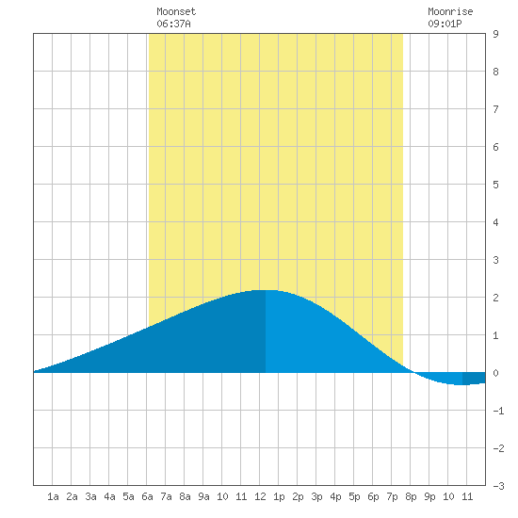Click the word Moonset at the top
[176, 11]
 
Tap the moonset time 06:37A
[173, 24]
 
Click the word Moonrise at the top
[450, 11]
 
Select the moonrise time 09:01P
[445, 24]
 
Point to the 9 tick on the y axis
[495, 34]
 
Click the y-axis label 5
[495, 185]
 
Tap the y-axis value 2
[495, 298]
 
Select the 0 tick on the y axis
[495, 373]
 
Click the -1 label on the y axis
[498, 411]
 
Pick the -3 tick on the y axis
[498, 486]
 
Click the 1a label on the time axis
[53, 496]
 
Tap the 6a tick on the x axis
[147, 496]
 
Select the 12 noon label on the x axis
[260, 496]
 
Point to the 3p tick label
[316, 496]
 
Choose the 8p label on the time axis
[411, 496]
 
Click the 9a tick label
[203, 496]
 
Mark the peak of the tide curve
[266, 290]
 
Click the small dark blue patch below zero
[474, 379]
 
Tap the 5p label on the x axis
[354, 496]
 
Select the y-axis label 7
[495, 109]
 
